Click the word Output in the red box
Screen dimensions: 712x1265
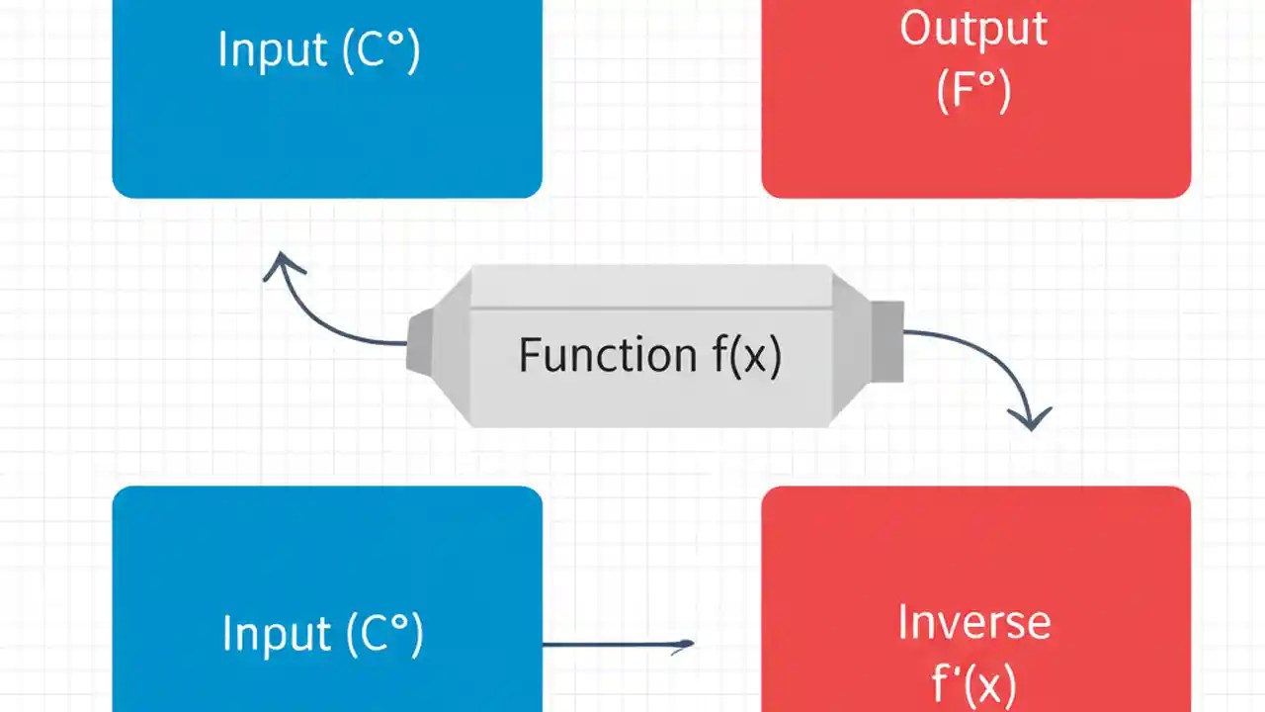point(973,30)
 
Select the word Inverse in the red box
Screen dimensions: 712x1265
point(973,623)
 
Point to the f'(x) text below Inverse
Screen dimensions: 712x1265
point(973,682)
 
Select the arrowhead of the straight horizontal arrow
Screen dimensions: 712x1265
point(685,646)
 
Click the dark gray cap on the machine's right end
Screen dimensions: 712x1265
point(886,340)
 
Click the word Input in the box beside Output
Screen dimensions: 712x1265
point(273,49)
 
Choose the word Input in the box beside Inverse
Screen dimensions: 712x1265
point(277,634)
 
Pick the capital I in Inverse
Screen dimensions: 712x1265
point(902,623)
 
